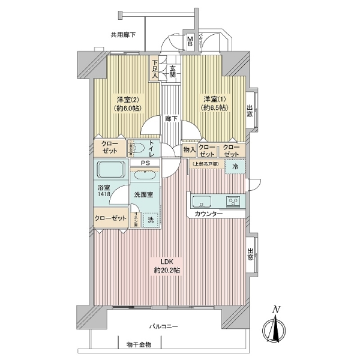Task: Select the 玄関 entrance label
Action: [x=172, y=71]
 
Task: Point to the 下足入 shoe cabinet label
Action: [x=155, y=68]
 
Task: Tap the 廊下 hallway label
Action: [x=171, y=119]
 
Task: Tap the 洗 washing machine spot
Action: [x=151, y=220]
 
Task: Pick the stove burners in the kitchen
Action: [x=233, y=200]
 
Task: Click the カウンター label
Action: [x=208, y=214]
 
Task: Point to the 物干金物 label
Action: [x=139, y=344]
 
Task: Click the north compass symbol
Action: [x=275, y=328]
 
